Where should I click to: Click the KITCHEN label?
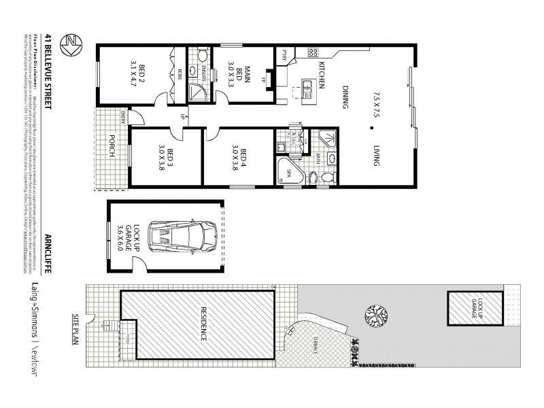(x=321, y=75)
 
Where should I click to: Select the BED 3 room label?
(x=166, y=158)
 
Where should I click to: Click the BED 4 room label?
(x=239, y=158)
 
